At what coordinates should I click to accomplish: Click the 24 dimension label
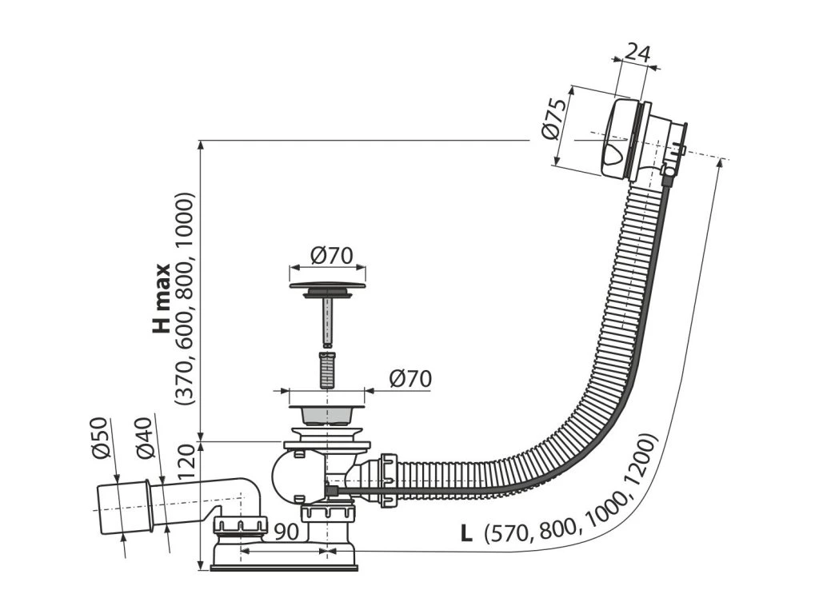[636, 53]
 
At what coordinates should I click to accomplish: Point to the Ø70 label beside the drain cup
[410, 378]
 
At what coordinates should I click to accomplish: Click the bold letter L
[465, 532]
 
